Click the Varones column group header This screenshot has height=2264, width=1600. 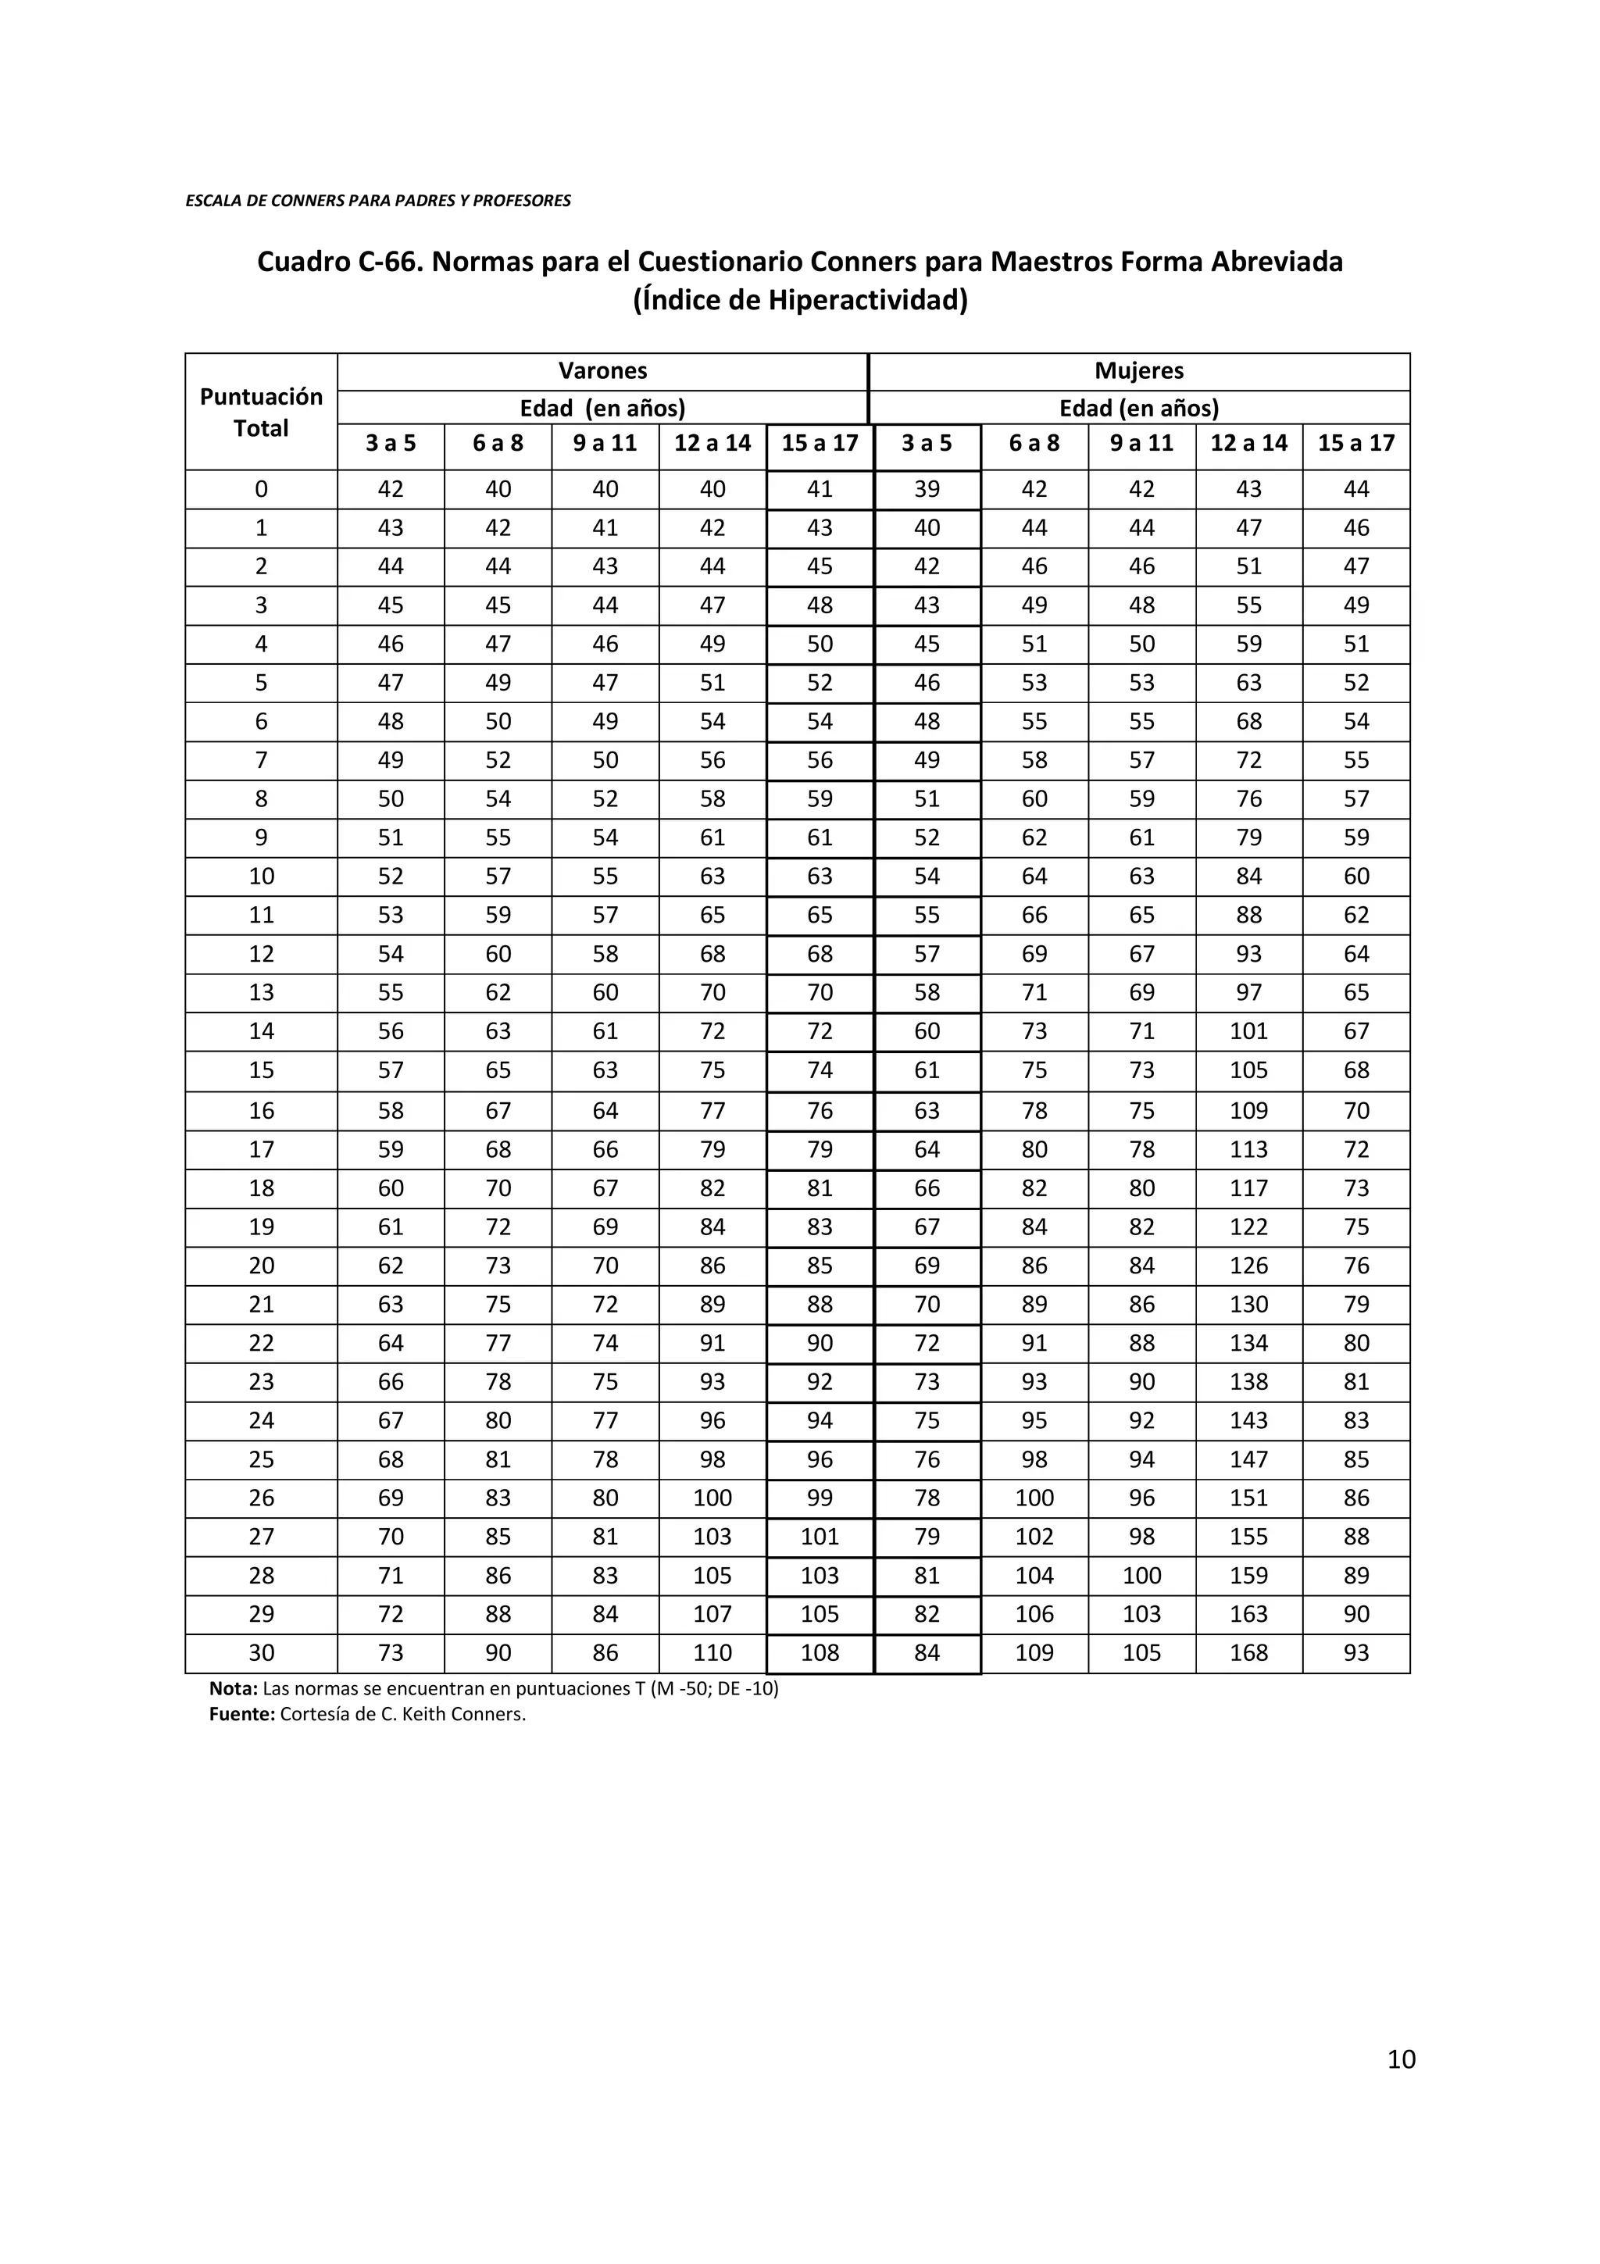coord(602,371)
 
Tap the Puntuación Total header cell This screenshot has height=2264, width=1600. coord(261,412)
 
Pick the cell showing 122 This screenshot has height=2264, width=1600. coord(1248,1227)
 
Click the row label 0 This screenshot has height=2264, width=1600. coord(261,489)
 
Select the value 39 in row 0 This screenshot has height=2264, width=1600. coord(927,489)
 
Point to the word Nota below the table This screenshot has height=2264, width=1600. coord(233,1688)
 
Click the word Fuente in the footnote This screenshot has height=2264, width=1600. coord(241,1714)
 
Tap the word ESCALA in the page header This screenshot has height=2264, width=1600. coord(210,201)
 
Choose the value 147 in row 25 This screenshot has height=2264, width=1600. coord(1248,1459)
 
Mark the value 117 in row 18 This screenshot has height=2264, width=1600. coord(1248,1188)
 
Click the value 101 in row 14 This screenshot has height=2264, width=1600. coord(1248,1031)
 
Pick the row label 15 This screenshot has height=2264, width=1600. coord(261,1070)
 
